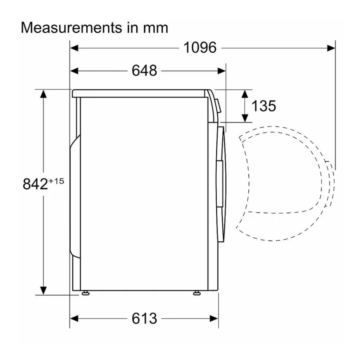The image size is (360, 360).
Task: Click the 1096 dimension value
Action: point(200,48)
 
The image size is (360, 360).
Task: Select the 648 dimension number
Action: point(144,71)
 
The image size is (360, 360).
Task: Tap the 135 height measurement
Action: point(263,105)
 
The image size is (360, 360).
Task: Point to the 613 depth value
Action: point(144,319)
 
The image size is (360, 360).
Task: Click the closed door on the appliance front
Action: point(221,184)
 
